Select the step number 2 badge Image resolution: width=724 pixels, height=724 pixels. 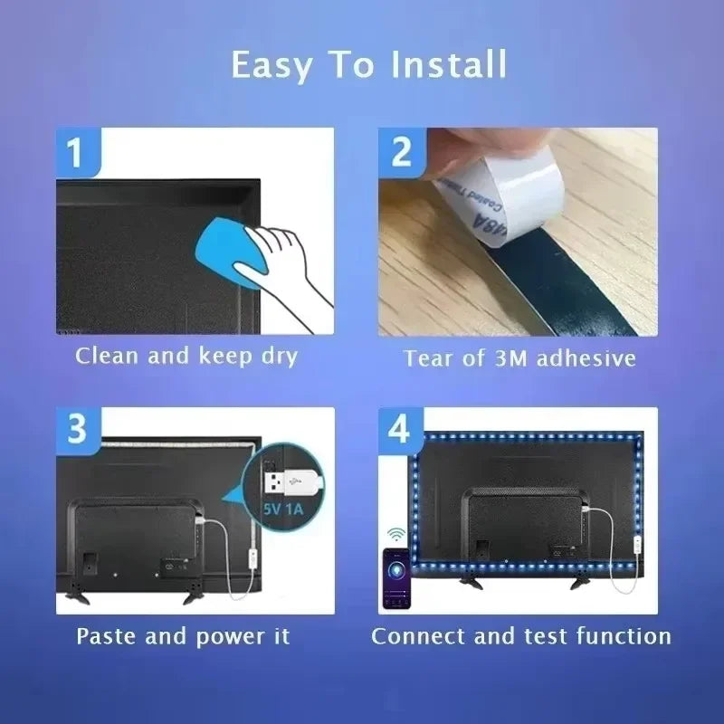(402, 151)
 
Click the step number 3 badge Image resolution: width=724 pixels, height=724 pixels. (76, 428)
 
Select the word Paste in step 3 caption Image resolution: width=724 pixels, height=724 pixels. (108, 635)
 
